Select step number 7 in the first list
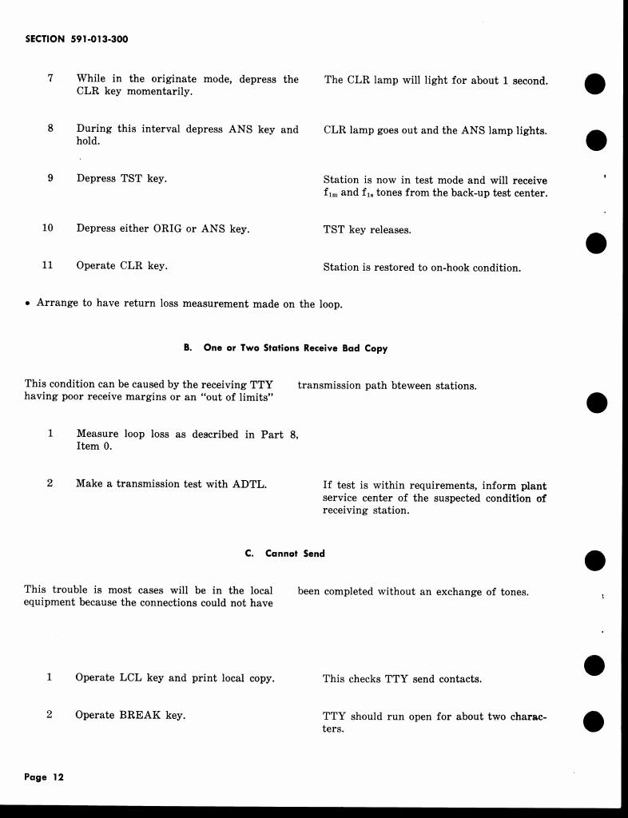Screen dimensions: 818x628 coord(50,78)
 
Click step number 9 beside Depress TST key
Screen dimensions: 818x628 coord(50,178)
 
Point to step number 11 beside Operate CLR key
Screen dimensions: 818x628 coord(48,265)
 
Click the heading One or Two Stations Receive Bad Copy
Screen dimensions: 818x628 coord(296,348)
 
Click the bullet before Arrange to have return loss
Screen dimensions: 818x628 coord(28,304)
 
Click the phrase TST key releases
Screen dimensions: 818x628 coord(367,230)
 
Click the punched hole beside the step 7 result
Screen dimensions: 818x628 coord(594,83)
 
